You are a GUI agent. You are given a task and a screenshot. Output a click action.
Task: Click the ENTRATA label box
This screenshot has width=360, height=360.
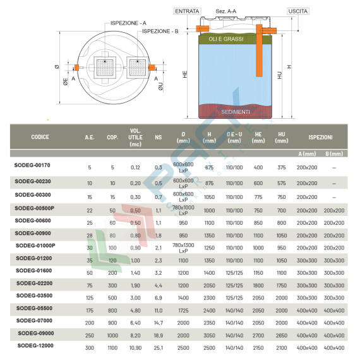pyautogui.click(x=188, y=11)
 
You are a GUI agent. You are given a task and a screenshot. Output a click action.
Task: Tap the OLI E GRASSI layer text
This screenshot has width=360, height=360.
pyautogui.click(x=222, y=39)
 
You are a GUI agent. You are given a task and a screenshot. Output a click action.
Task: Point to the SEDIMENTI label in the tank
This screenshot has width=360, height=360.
pyautogui.click(x=235, y=112)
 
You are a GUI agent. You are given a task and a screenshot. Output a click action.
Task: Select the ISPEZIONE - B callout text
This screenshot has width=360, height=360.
pyautogui.click(x=160, y=30)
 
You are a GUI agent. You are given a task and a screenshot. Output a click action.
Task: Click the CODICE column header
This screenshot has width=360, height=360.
pyautogui.click(x=40, y=137)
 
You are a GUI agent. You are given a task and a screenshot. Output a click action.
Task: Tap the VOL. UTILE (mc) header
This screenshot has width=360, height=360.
pyautogui.click(x=135, y=137)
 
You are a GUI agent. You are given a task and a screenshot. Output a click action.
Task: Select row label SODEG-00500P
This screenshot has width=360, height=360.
pyautogui.click(x=34, y=208)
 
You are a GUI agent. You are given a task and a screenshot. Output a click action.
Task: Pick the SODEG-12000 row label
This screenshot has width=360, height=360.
pyautogui.click(x=35, y=345)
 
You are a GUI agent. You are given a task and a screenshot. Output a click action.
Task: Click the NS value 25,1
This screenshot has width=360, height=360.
pyautogui.click(x=158, y=347)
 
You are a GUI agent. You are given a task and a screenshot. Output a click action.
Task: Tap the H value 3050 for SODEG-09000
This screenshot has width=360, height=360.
pyautogui.click(x=209, y=334)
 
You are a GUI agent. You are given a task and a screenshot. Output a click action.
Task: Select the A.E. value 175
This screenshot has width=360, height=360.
pyautogui.click(x=89, y=309)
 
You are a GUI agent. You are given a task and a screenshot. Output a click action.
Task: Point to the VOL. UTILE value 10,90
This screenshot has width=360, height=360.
pyautogui.click(x=135, y=347)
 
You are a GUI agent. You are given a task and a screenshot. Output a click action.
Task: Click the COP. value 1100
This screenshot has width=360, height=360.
pyautogui.click(x=112, y=347)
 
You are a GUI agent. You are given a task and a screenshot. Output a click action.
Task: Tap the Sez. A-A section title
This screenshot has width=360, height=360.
pyautogui.click(x=226, y=11)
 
